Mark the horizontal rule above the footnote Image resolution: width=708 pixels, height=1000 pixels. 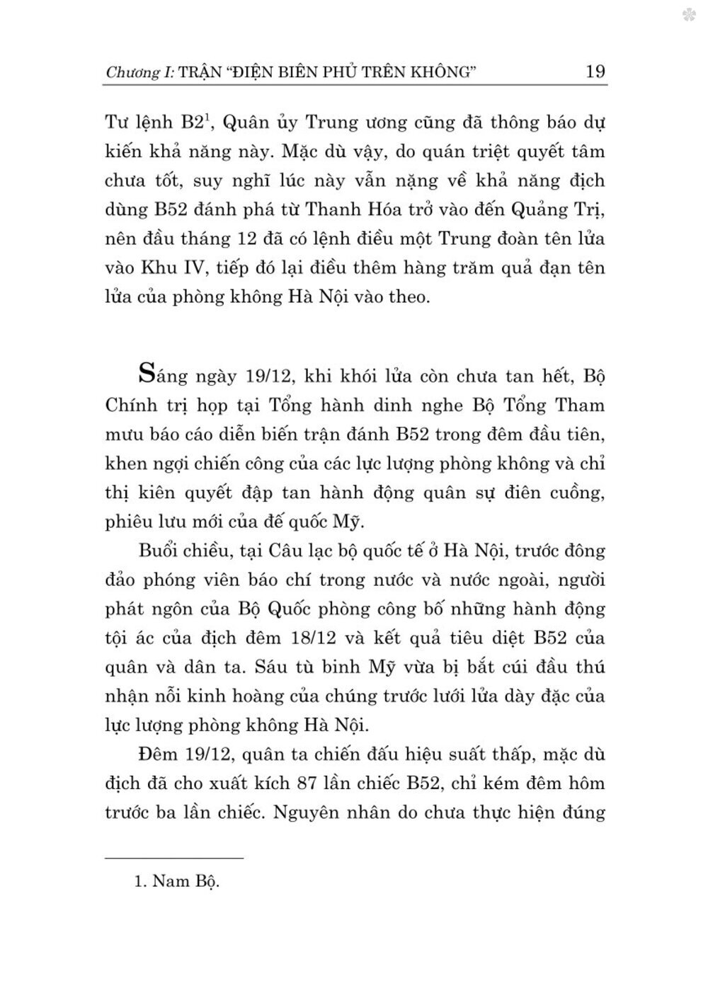[174, 858]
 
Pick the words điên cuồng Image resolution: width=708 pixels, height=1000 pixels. [556, 493]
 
